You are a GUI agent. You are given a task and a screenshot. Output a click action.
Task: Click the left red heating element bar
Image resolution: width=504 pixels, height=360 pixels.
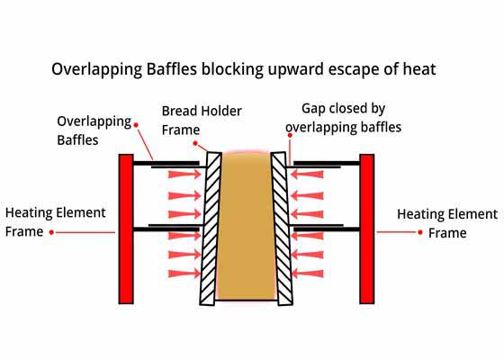pyautogui.click(x=126, y=229)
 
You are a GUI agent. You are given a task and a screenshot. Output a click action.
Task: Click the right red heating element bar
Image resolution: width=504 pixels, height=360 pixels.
pyautogui.click(x=367, y=229)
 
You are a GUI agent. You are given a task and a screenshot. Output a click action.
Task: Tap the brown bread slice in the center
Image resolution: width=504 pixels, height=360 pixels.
pyautogui.click(x=247, y=226)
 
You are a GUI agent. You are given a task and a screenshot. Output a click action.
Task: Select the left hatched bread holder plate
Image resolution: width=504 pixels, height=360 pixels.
pyautogui.click(x=211, y=229)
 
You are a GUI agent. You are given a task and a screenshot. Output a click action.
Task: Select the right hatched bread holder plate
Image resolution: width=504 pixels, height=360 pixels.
pyautogui.click(x=282, y=229)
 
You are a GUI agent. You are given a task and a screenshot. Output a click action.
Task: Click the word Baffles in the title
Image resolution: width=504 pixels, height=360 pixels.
pyautogui.click(x=172, y=69)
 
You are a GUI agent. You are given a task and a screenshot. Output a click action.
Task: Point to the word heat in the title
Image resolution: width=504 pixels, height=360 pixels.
pyautogui.click(x=419, y=69)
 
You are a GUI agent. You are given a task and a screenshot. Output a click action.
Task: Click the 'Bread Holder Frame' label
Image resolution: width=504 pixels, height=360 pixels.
pyautogui.click(x=202, y=121)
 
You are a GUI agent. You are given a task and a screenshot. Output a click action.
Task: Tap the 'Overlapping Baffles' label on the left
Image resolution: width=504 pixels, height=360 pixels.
pyautogui.click(x=94, y=130)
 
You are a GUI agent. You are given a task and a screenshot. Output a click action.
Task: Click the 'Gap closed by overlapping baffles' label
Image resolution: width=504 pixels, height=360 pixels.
pyautogui.click(x=343, y=118)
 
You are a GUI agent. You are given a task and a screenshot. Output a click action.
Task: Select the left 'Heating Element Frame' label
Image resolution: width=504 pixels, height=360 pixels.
pyautogui.click(x=55, y=222)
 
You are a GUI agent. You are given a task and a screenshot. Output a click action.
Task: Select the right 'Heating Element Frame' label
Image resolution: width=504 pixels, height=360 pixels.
pyautogui.click(x=447, y=223)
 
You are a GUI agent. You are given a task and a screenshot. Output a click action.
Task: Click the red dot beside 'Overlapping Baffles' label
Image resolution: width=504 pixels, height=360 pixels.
pyautogui.click(x=136, y=125)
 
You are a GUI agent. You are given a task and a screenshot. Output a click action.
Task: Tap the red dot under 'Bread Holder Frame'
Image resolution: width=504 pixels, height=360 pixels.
pyautogui.click(x=195, y=143)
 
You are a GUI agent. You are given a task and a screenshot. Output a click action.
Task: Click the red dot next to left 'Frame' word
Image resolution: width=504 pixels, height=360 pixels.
pyautogui.click(x=51, y=232)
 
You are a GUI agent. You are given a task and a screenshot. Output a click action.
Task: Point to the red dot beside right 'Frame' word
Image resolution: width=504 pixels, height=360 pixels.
pyautogui.click(x=420, y=232)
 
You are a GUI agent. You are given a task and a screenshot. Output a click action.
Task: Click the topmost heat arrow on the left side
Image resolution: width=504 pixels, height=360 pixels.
pyautogui.click(x=184, y=175)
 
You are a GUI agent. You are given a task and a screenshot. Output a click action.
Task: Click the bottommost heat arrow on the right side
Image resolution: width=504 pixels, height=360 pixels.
pyautogui.click(x=307, y=274)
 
